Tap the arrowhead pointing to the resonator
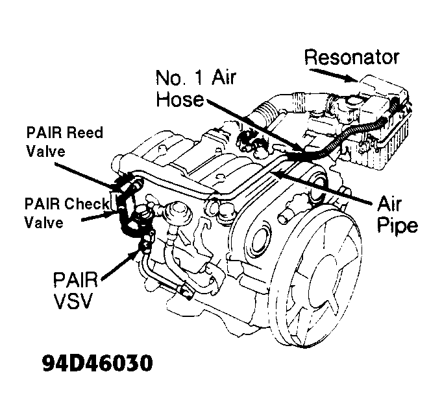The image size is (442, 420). point(354,80)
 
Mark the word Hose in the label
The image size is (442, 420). point(179,100)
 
